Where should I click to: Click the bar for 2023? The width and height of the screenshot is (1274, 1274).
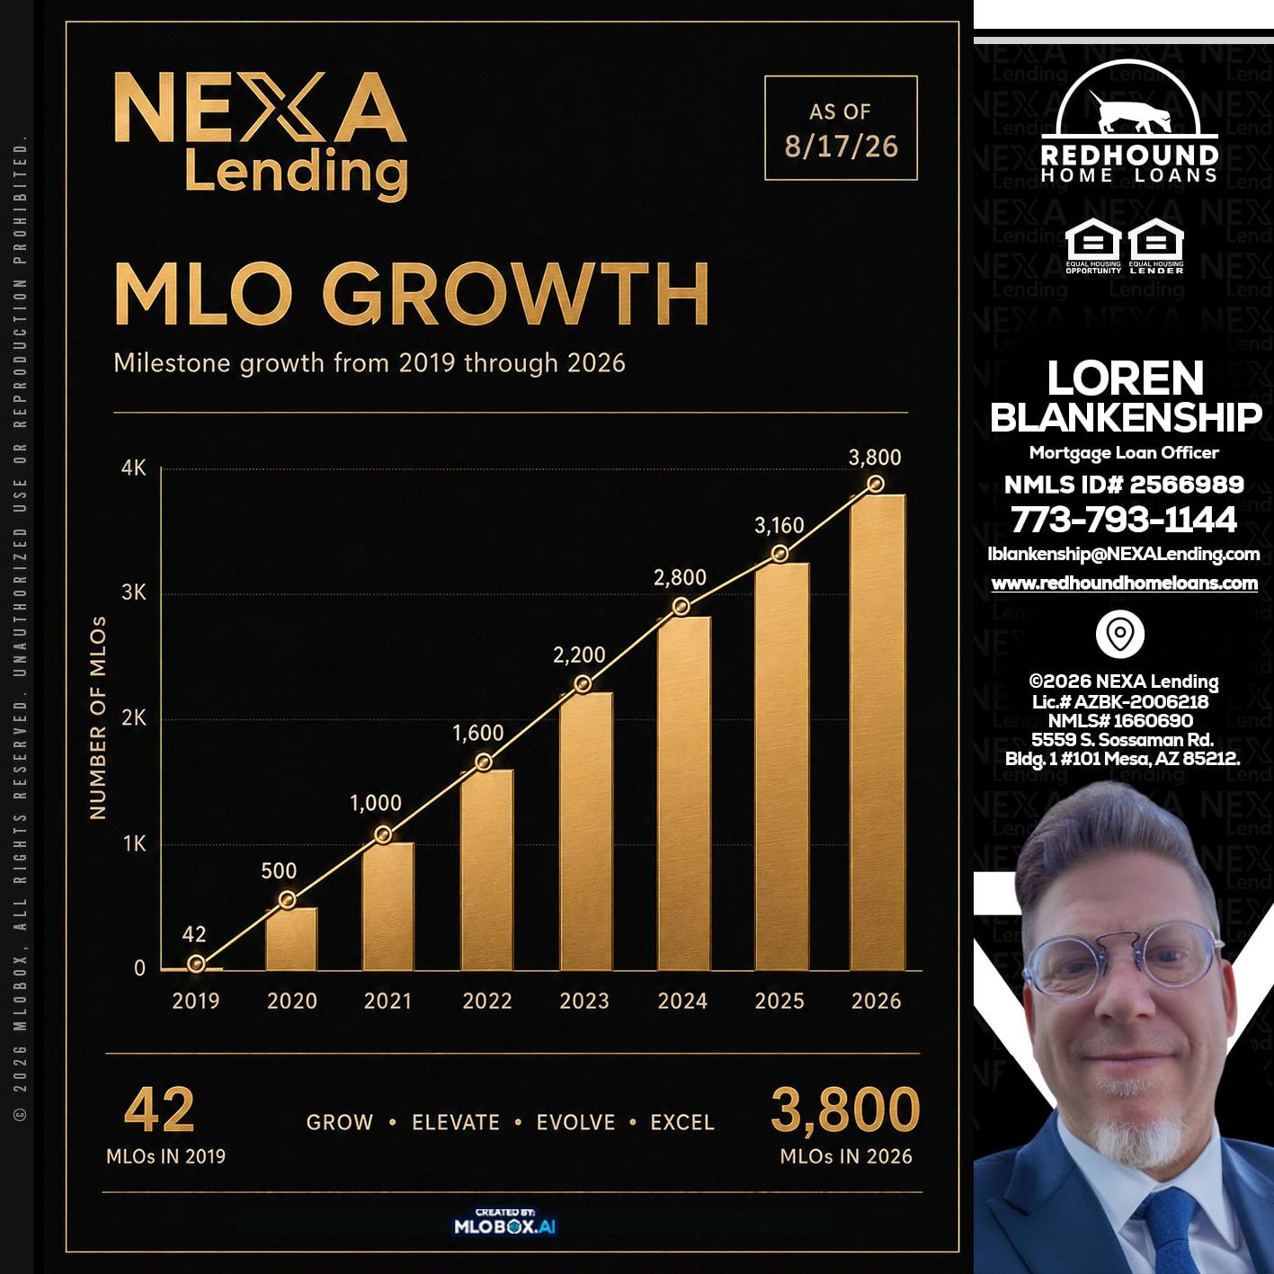(586, 831)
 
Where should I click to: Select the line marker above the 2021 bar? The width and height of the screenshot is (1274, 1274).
(383, 834)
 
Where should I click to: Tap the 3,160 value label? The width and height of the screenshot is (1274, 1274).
(780, 526)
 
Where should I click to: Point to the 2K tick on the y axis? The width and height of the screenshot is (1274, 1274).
(134, 718)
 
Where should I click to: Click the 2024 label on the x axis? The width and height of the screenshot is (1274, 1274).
(682, 1001)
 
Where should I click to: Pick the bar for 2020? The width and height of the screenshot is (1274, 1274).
(291, 940)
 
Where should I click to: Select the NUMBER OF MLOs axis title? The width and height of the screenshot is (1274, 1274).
(98, 718)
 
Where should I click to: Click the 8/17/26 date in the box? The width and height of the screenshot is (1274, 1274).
(841, 147)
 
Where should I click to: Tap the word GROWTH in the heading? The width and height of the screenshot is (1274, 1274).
(516, 293)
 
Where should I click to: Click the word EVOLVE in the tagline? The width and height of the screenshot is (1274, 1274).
(575, 1123)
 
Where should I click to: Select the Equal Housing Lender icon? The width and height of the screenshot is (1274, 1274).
(1156, 245)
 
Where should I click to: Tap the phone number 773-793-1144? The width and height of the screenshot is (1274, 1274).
(1123, 519)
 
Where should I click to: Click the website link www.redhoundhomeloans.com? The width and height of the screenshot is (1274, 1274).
(1124, 584)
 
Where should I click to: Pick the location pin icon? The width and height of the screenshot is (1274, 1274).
(1120, 634)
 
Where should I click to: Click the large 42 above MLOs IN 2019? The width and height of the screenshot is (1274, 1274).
(159, 1110)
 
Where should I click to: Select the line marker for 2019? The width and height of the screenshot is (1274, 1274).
(196, 965)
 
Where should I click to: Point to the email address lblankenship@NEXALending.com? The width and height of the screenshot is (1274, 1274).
(1123, 554)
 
